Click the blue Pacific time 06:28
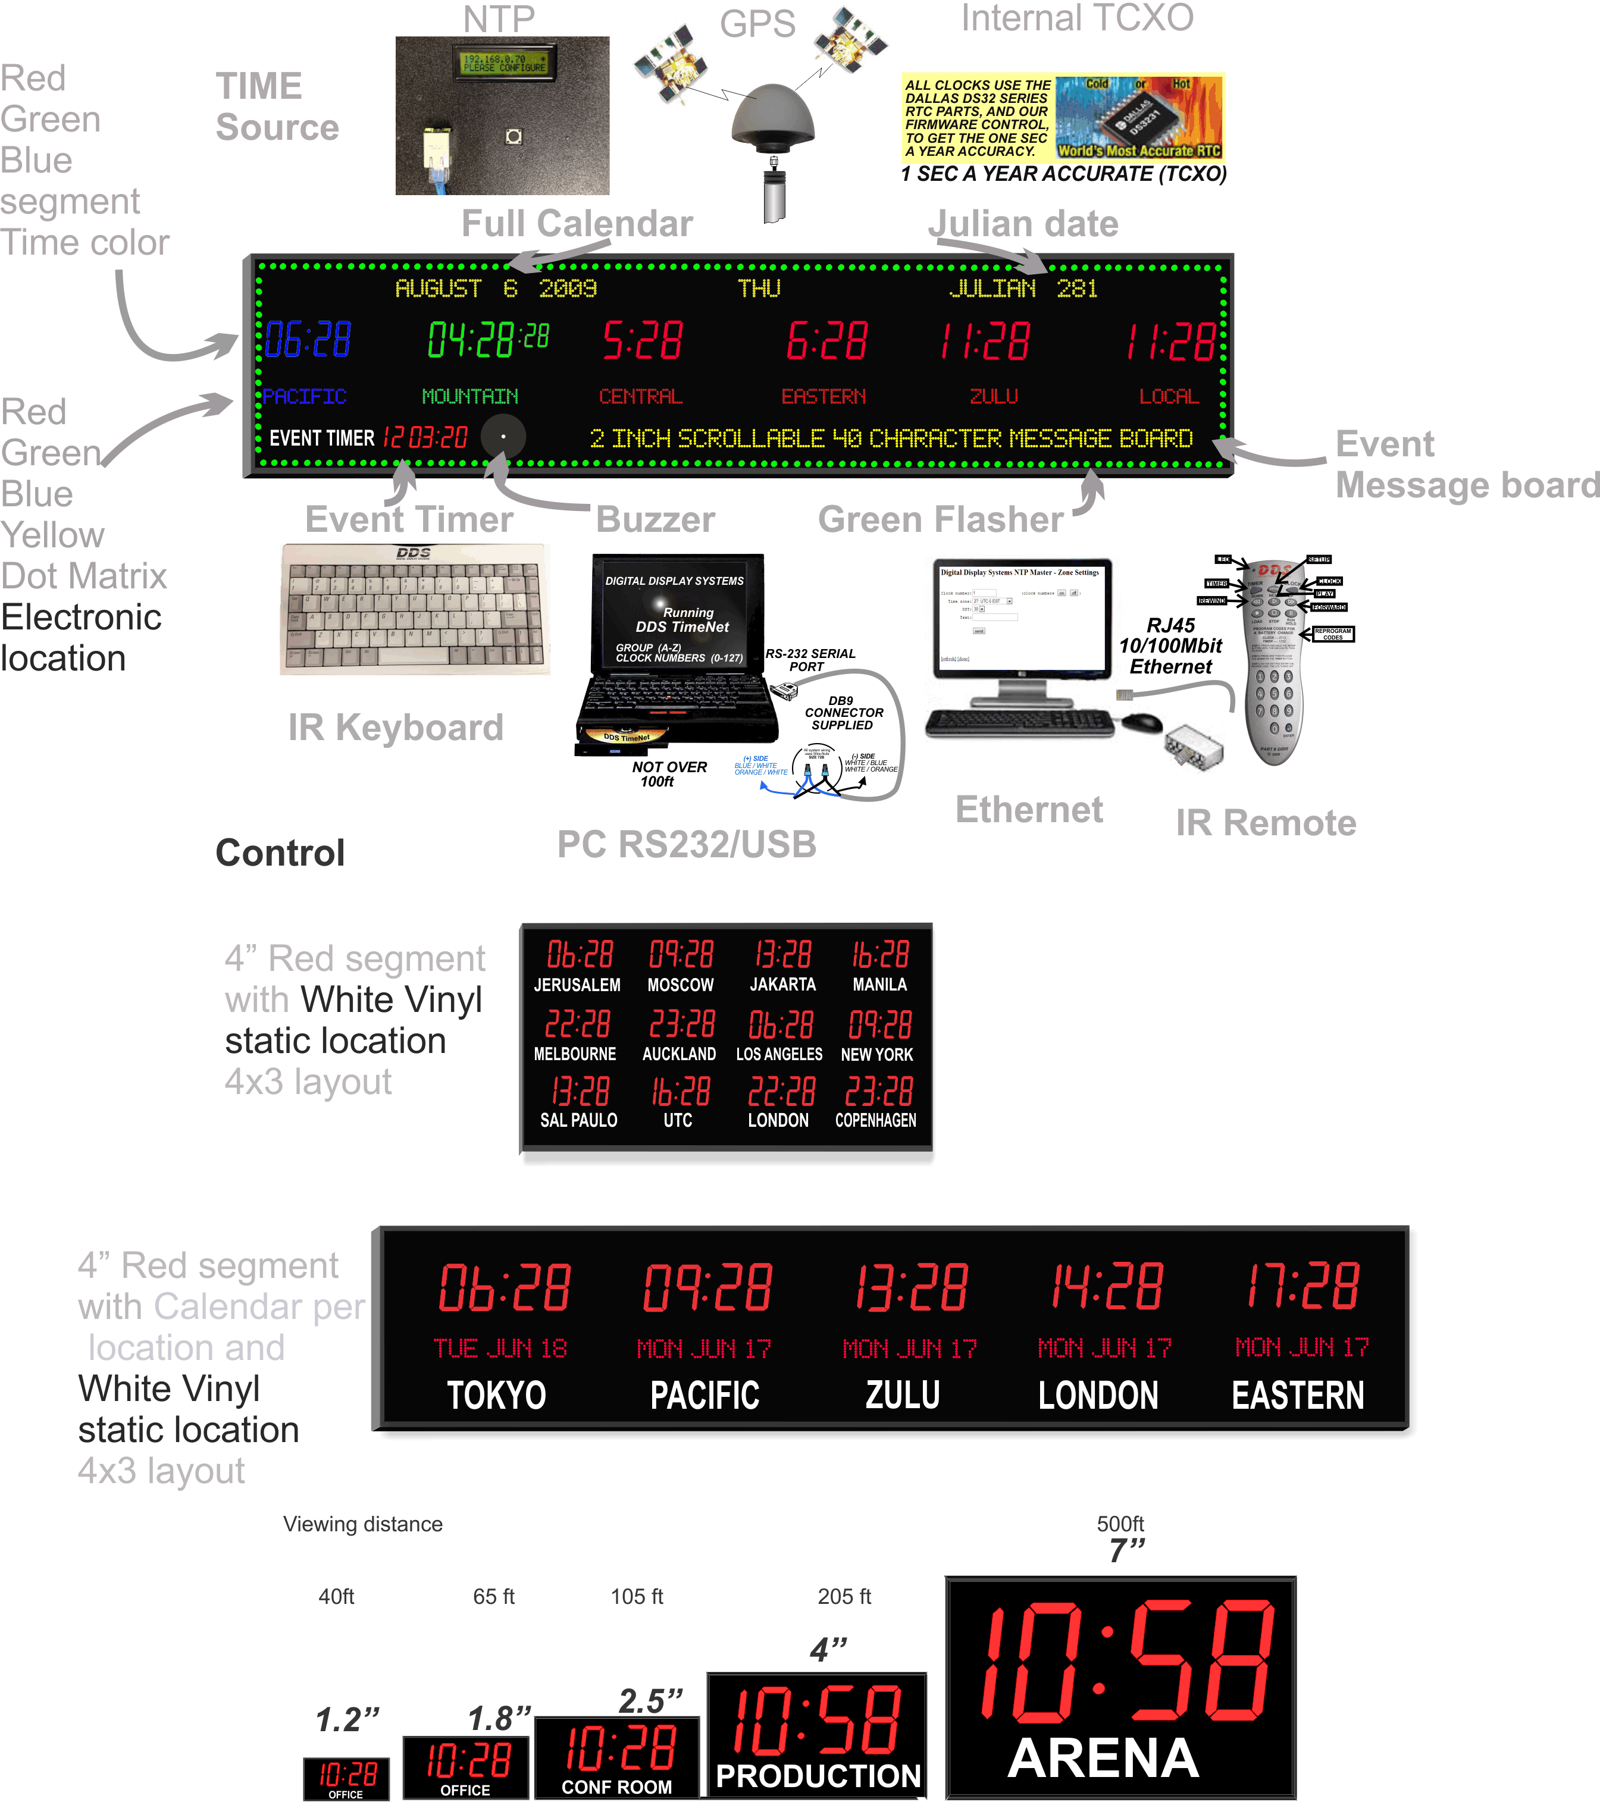coord(308,340)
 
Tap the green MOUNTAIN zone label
coord(470,397)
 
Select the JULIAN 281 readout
coord(1023,289)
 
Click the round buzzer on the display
coord(503,437)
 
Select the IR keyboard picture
coord(414,609)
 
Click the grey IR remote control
coord(1274,661)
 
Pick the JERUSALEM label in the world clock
coord(577,985)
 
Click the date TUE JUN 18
coord(500,1348)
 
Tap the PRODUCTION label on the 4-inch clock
coord(818,1776)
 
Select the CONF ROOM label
coord(616,1787)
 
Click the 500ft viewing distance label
coord(1120,1524)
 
